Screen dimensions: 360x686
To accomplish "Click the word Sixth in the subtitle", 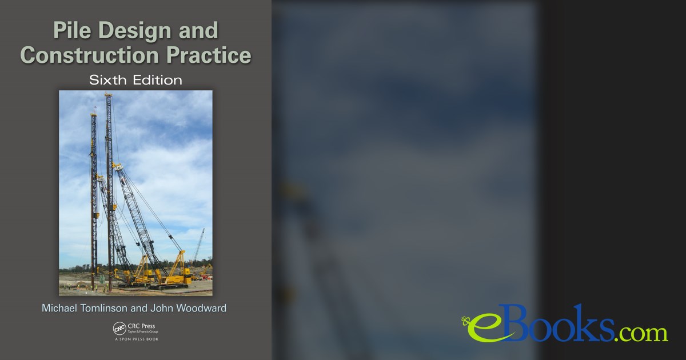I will pos(109,80).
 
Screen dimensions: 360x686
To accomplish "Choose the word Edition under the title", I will pos(157,80).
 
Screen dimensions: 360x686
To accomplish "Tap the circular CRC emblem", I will pos(119,329).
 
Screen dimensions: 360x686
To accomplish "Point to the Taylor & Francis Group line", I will pos(143,332).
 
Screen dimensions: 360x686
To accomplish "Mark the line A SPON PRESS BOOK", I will pos(135,339).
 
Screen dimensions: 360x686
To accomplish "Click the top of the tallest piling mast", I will pos(108,95).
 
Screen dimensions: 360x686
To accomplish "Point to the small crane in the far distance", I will pos(199,246).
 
